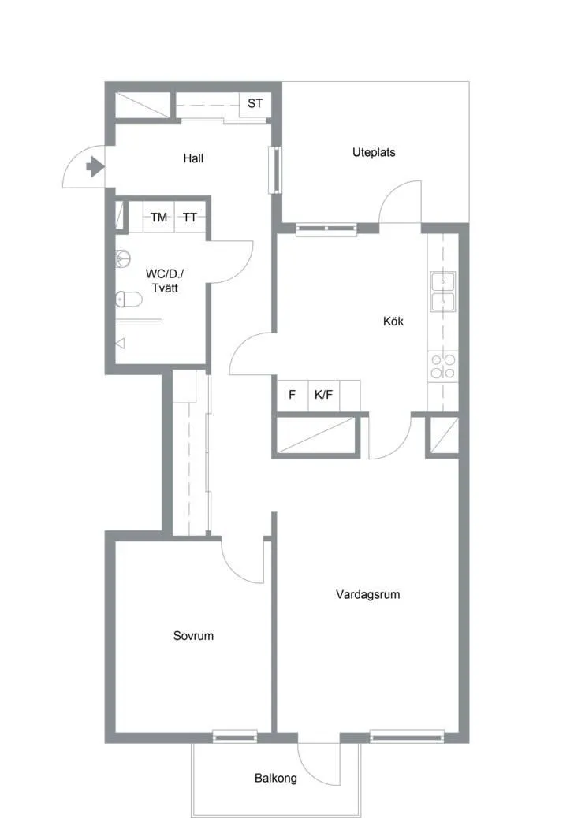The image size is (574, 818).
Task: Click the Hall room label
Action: (x=193, y=158)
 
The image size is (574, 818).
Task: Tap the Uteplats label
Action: (x=374, y=152)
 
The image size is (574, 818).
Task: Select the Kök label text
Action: (x=393, y=321)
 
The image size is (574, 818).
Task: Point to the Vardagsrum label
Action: (x=368, y=594)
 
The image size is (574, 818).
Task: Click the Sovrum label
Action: (x=193, y=635)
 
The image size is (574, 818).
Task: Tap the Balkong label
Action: (x=275, y=778)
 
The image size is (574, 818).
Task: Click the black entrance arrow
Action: (x=95, y=166)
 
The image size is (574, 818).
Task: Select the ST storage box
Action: (x=255, y=103)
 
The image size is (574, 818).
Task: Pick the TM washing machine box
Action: (x=158, y=217)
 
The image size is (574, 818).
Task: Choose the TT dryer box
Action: (x=190, y=217)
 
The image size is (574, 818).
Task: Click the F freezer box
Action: (x=293, y=395)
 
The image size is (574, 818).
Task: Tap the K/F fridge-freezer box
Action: (x=323, y=395)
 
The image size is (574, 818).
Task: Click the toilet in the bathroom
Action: (x=129, y=299)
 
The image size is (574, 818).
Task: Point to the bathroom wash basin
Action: (x=123, y=258)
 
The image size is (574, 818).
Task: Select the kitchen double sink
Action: (x=442, y=292)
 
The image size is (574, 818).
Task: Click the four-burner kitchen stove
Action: (x=442, y=366)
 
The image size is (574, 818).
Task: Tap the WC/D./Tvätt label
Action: (x=165, y=281)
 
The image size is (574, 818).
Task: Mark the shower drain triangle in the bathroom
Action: (x=121, y=344)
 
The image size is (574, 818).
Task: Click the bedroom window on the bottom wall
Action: (x=235, y=737)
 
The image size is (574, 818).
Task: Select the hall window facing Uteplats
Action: (x=275, y=170)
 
